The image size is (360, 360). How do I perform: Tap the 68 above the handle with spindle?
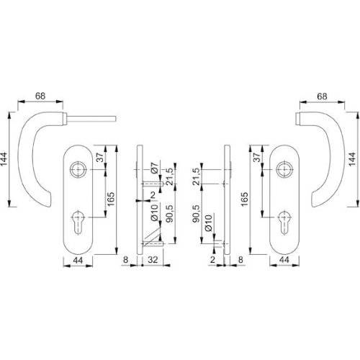coord(41,95)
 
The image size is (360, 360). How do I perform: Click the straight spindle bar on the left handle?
coord(94,117)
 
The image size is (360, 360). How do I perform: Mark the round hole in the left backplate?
coord(78,170)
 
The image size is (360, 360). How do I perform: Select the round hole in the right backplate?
coord(282,170)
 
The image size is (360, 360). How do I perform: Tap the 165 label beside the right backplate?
coord(246,196)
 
